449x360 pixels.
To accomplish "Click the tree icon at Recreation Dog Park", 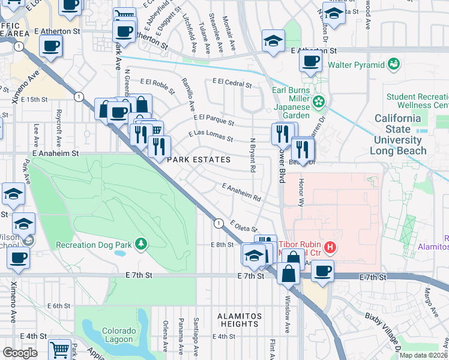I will coord(141,244).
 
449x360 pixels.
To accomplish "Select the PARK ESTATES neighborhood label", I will coord(198,160).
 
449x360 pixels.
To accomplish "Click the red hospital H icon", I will coord(329,247).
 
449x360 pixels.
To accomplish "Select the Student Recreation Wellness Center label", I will coord(417,101).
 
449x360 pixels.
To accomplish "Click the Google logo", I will coord(20,353).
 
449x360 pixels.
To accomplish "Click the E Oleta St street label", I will coord(243,226).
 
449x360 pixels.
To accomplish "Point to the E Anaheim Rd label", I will coord(241,193).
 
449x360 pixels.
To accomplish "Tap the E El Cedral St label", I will coord(231,83).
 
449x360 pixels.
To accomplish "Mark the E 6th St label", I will coord(61,306).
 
